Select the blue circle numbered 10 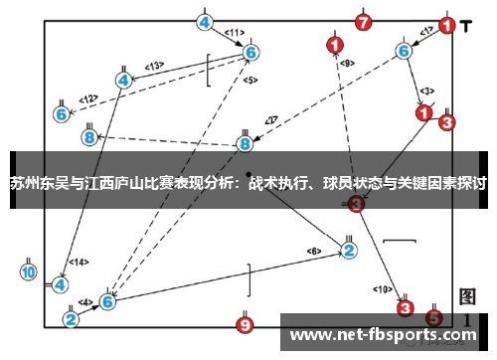29,270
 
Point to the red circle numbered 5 433,316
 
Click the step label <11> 234,32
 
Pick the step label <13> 154,66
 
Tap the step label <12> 88,98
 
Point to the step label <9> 347,63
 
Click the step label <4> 85,302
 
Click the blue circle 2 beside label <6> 349,249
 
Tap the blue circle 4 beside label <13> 124,79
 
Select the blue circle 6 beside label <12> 62,114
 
